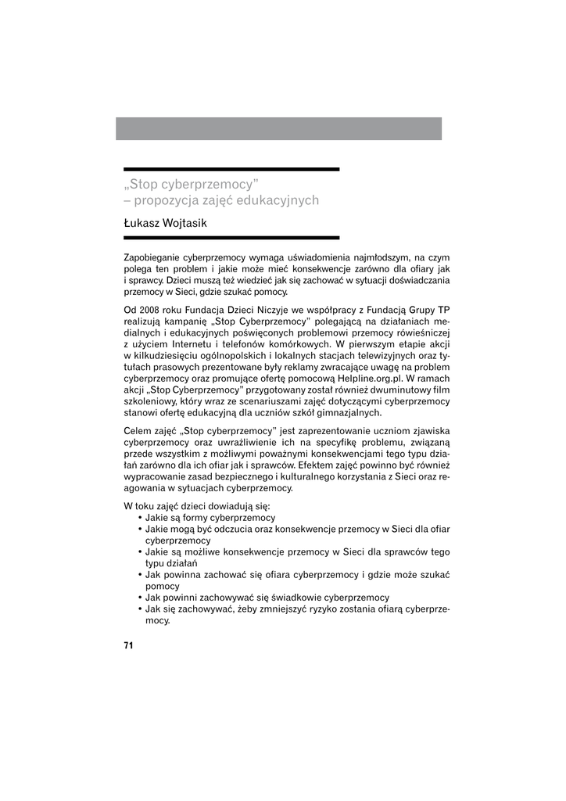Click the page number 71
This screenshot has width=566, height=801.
click(x=129, y=645)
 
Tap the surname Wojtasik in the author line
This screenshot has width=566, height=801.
click(x=185, y=224)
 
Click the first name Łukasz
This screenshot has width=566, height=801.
click(x=141, y=224)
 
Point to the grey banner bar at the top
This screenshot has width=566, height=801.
click(x=278, y=128)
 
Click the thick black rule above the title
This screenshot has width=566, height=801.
click(x=231, y=169)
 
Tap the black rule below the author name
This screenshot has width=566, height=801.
click(x=231, y=237)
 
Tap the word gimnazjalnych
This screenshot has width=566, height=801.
click(x=346, y=412)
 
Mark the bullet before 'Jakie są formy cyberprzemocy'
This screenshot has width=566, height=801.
click(x=139, y=518)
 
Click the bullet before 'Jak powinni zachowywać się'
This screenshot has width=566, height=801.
click(x=139, y=598)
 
